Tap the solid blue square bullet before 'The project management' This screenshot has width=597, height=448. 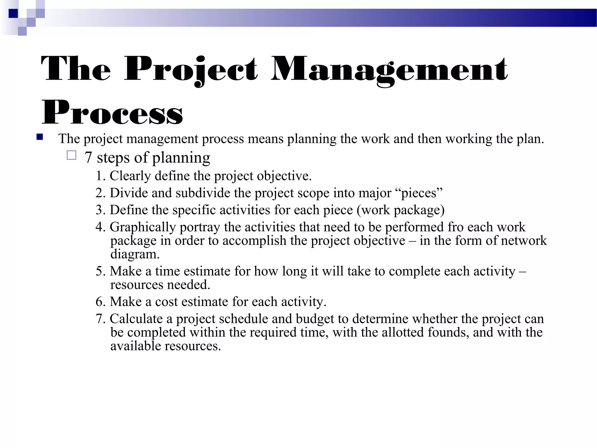[x=40, y=137]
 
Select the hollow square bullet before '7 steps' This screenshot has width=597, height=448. [x=71, y=155]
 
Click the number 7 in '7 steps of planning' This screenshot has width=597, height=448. [x=88, y=158]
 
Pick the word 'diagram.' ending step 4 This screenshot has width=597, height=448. [x=135, y=254]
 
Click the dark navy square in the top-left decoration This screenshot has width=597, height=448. [x=13, y=13]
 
